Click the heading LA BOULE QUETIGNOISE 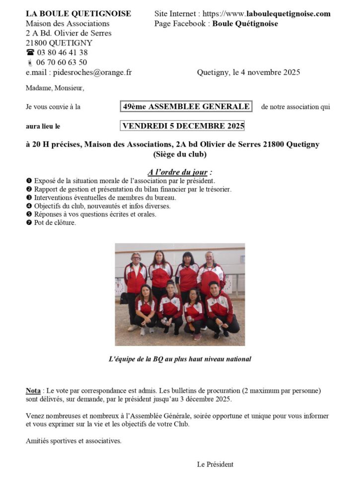78,14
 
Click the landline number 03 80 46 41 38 62,53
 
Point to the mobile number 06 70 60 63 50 62,63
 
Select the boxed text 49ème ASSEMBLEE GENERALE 186,107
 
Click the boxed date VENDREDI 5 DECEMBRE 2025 183,126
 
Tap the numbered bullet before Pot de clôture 29,223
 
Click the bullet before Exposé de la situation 29,181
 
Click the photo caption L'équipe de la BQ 179,358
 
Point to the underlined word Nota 33,391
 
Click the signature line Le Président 215,465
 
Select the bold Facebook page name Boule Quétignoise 245,24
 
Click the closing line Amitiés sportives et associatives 73,441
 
